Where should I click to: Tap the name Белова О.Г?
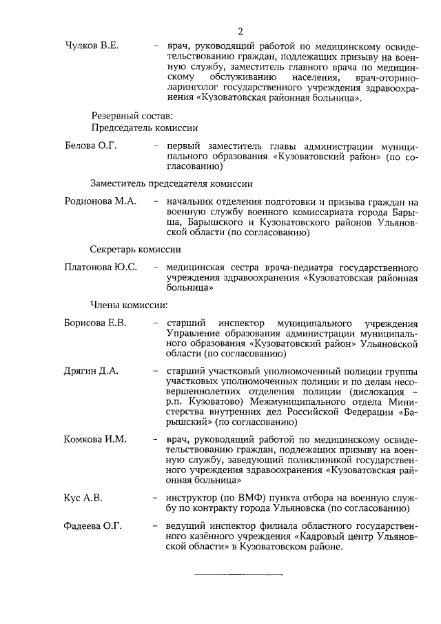[91, 146]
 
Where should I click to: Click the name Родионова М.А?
[100, 202]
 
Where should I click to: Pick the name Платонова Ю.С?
[101, 267]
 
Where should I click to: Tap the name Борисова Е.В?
[95, 323]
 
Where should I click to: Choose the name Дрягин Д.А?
[92, 370]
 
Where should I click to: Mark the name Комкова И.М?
[95, 439]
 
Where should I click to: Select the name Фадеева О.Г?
[93, 527]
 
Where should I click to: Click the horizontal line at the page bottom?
[238, 574]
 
